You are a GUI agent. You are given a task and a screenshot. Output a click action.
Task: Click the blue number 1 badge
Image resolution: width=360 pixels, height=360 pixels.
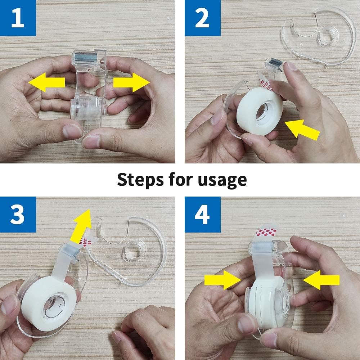coord(18,18)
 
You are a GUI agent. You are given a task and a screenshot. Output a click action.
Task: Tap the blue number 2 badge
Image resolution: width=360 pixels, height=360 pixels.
coord(202,18)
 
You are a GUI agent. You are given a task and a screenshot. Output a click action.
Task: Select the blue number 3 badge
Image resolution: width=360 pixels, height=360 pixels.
coord(18,215)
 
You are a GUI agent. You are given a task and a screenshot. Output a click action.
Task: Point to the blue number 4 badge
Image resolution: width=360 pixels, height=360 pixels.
coord(202,215)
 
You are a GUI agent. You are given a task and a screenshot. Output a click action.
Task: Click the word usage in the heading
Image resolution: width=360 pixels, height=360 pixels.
coord(222,179)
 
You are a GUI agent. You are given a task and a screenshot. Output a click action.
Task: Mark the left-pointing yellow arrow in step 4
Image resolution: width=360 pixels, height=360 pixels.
coord(321,280)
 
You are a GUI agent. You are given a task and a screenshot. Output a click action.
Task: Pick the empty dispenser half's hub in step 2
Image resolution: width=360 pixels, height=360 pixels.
coord(327,36)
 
